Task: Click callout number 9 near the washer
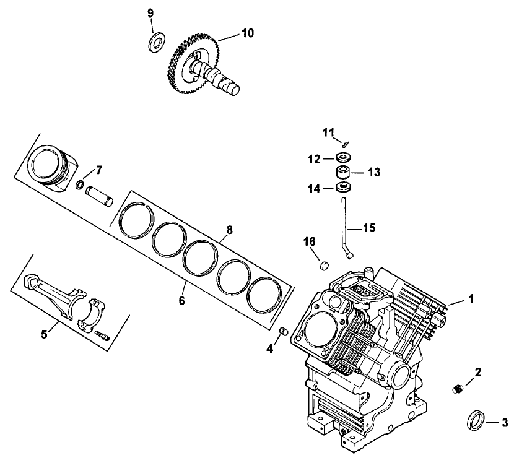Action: click(149, 13)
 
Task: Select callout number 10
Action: click(247, 33)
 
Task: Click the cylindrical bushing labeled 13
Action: click(342, 171)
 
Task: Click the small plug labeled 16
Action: click(323, 265)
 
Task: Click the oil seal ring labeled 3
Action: click(475, 420)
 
